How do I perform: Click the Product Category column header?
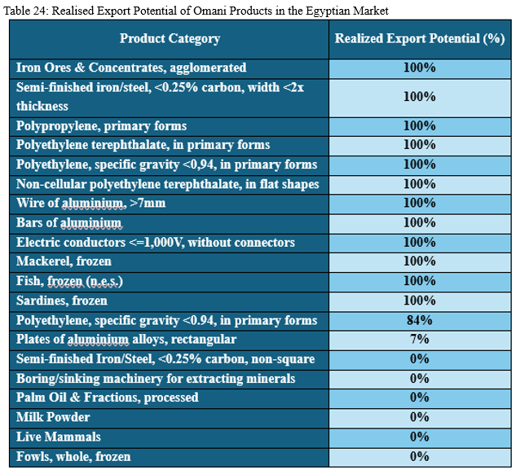pyautogui.click(x=170, y=38)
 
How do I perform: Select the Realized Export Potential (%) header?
pyautogui.click(x=420, y=38)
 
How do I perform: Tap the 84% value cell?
pyautogui.click(x=419, y=320)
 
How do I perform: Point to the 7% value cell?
pyautogui.click(x=419, y=340)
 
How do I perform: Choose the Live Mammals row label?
pyautogui.click(x=59, y=437)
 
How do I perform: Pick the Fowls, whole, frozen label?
pyautogui.click(x=73, y=457)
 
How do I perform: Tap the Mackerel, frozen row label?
pyautogui.click(x=64, y=261)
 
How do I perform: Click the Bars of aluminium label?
pyautogui.click(x=69, y=222)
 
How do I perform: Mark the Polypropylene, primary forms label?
pyautogui.click(x=101, y=126)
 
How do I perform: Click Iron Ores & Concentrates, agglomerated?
pyautogui.click(x=131, y=68)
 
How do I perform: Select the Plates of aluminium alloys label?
pyautogui.click(x=126, y=340)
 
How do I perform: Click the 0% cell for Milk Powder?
pyautogui.click(x=419, y=418)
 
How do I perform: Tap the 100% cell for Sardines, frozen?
pyautogui.click(x=419, y=301)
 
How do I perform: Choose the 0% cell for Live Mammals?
pyautogui.click(x=419, y=437)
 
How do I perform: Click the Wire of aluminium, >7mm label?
pyautogui.click(x=90, y=203)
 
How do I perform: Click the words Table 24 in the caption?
pyautogui.click(x=28, y=10)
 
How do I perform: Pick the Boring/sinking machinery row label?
pyautogui.click(x=156, y=379)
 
